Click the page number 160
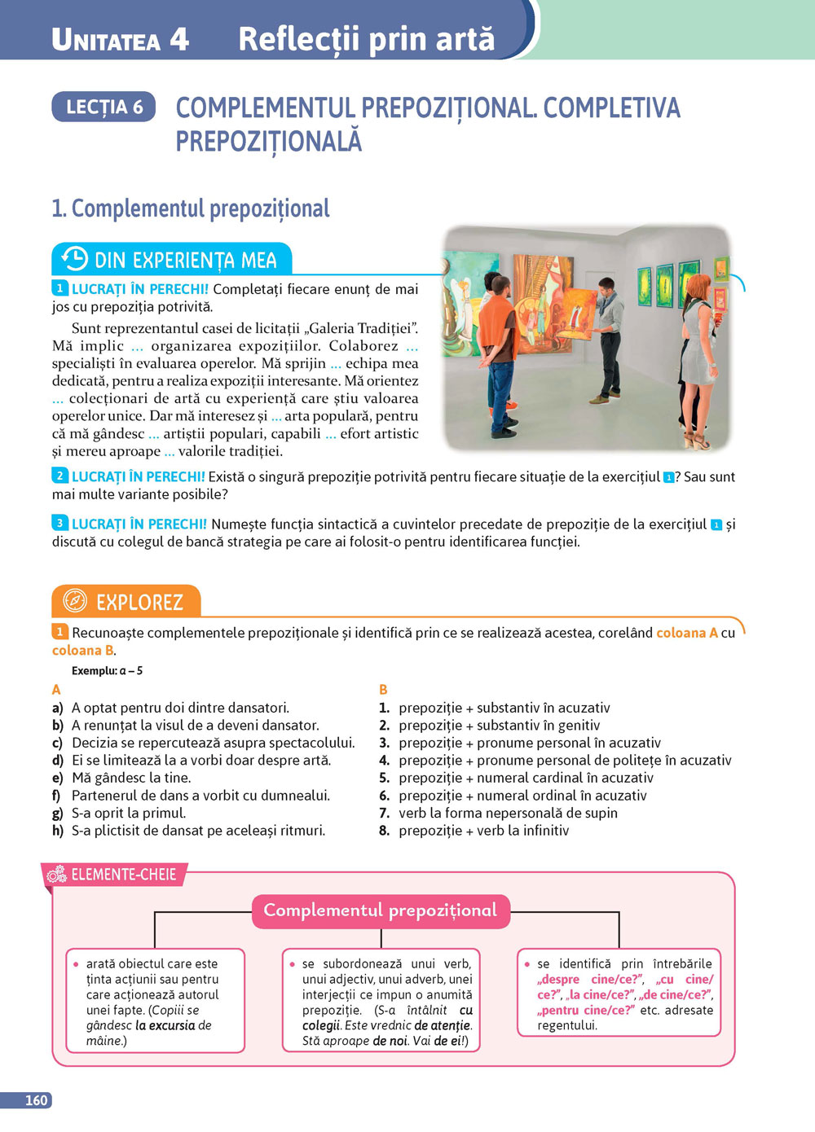[36, 1100]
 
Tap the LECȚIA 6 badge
[104, 107]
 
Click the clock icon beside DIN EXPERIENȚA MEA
[74, 259]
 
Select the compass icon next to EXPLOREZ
[74, 601]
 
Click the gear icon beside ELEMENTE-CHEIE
[57, 875]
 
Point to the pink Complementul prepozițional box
[380, 910]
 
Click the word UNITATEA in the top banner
[106, 40]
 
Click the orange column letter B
[383, 689]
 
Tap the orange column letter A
[56, 689]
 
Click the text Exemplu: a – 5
[107, 670]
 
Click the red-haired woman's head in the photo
[698, 287]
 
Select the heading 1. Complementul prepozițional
[191, 208]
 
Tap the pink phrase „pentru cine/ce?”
[586, 1010]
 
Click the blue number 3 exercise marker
[59, 523]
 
